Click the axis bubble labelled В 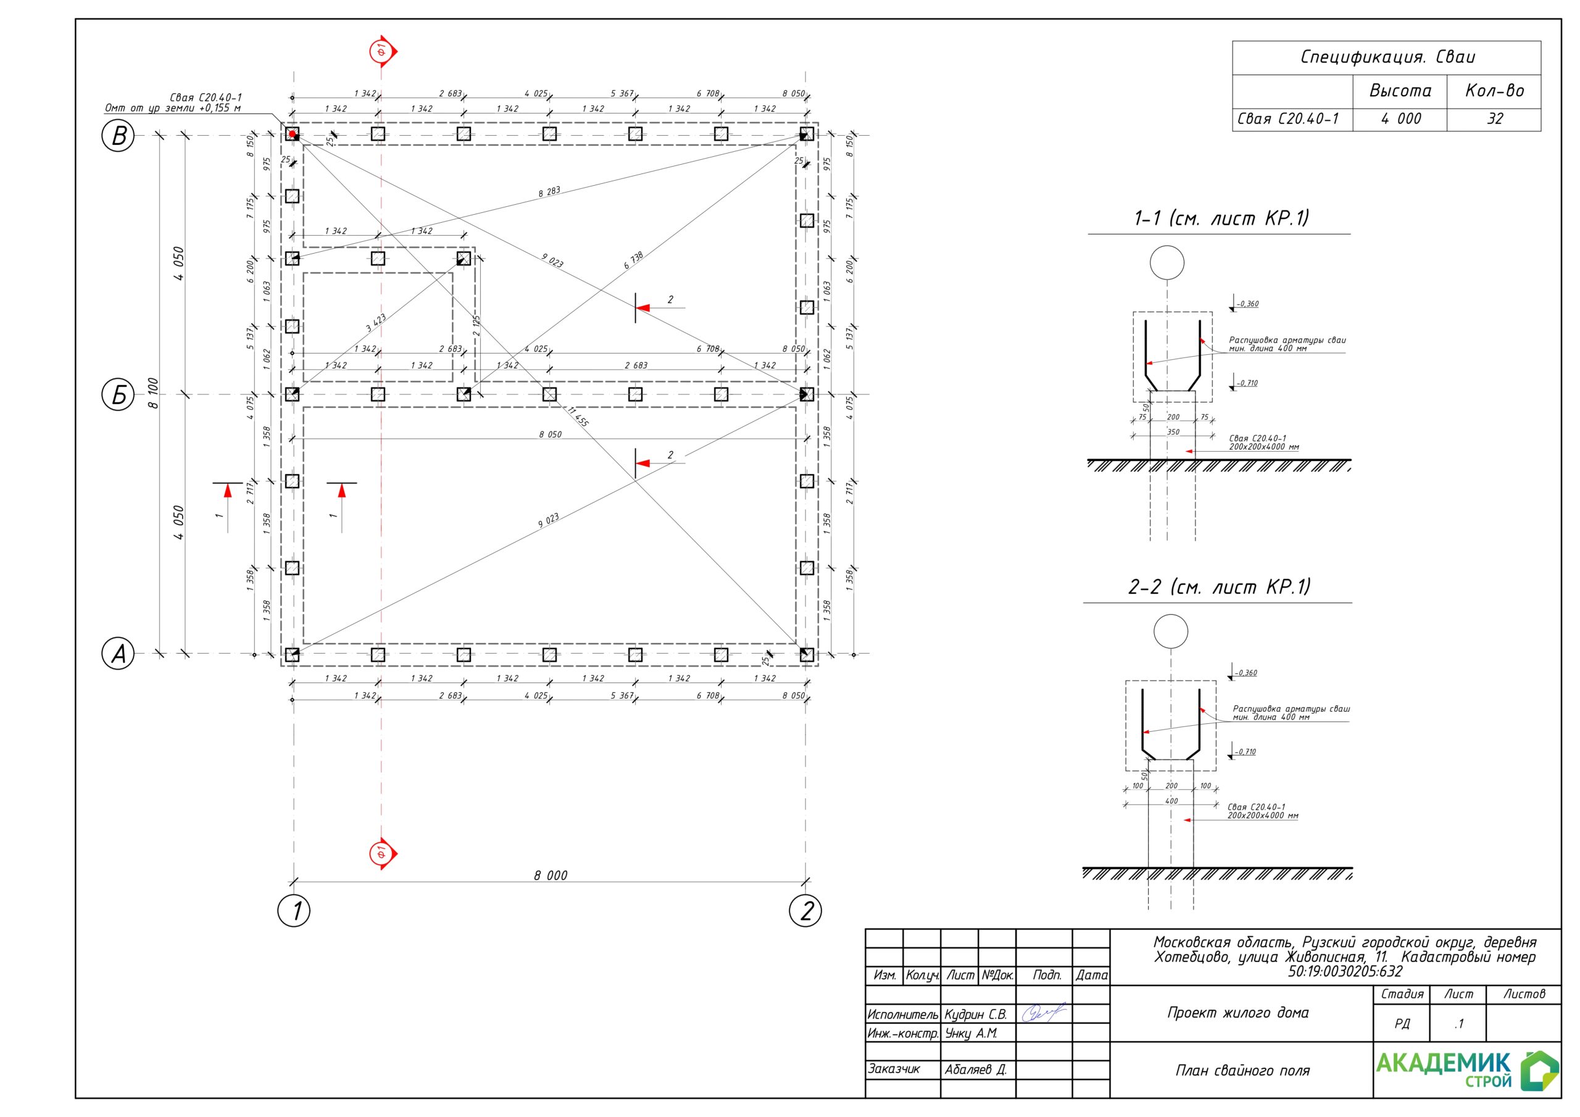(118, 136)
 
